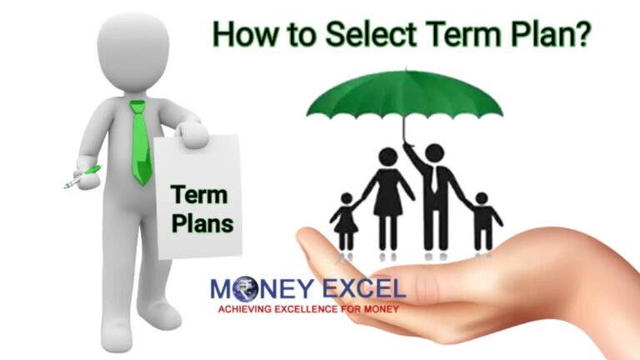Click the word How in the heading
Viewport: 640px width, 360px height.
(242, 34)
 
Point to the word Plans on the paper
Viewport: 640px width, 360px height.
(202, 223)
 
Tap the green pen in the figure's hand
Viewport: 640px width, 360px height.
(82, 176)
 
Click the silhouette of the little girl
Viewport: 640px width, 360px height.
(345, 219)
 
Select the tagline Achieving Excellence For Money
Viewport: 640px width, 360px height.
(309, 308)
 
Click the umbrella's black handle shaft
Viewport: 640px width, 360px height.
(406, 129)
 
